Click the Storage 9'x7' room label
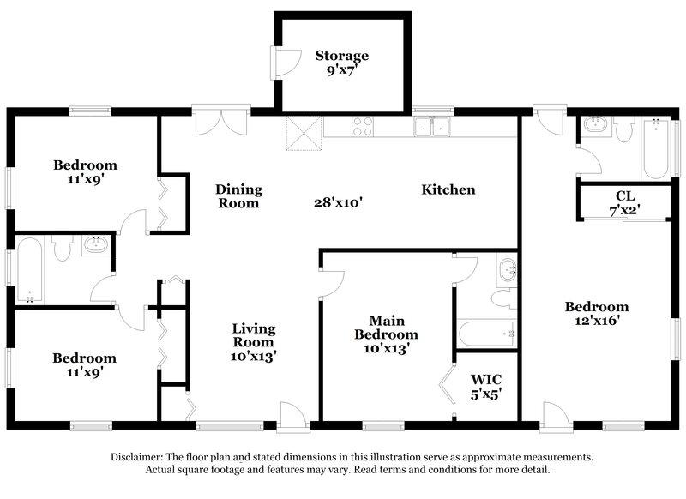point(341,63)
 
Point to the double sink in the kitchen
point(432,128)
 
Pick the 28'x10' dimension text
point(338,203)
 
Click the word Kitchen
point(448,189)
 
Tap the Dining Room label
point(238,196)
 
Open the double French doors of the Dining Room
point(221,121)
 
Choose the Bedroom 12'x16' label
point(596,313)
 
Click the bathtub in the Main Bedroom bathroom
point(485,333)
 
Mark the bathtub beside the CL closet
point(656,149)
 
